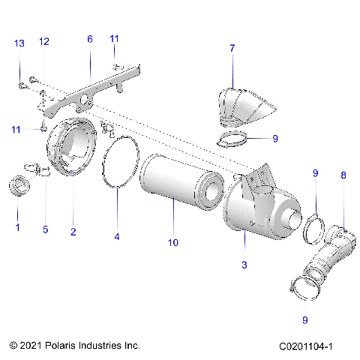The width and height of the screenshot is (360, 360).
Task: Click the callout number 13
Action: (x=19, y=43)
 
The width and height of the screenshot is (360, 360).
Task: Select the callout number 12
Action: (x=44, y=41)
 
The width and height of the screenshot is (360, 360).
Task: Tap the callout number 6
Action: (x=90, y=38)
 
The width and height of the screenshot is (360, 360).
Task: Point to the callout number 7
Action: (x=232, y=49)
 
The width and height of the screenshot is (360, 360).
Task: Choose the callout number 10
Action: (x=174, y=243)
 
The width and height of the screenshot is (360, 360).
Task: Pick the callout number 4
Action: (x=117, y=236)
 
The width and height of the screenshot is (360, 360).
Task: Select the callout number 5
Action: (x=45, y=229)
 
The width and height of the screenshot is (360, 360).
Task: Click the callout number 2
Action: (x=73, y=232)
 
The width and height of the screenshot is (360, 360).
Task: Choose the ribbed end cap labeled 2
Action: (x=71, y=150)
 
